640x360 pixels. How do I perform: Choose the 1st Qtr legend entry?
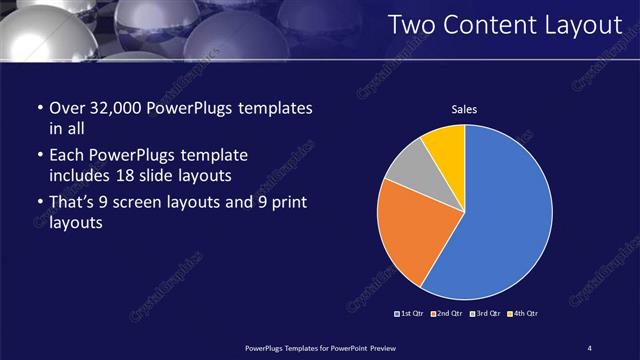[x=411, y=314]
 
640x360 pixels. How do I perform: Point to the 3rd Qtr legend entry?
[x=486, y=314]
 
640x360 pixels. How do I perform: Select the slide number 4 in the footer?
[x=590, y=347]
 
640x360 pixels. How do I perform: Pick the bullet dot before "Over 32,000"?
[x=38, y=108]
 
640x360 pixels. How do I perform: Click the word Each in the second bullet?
[x=67, y=156]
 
